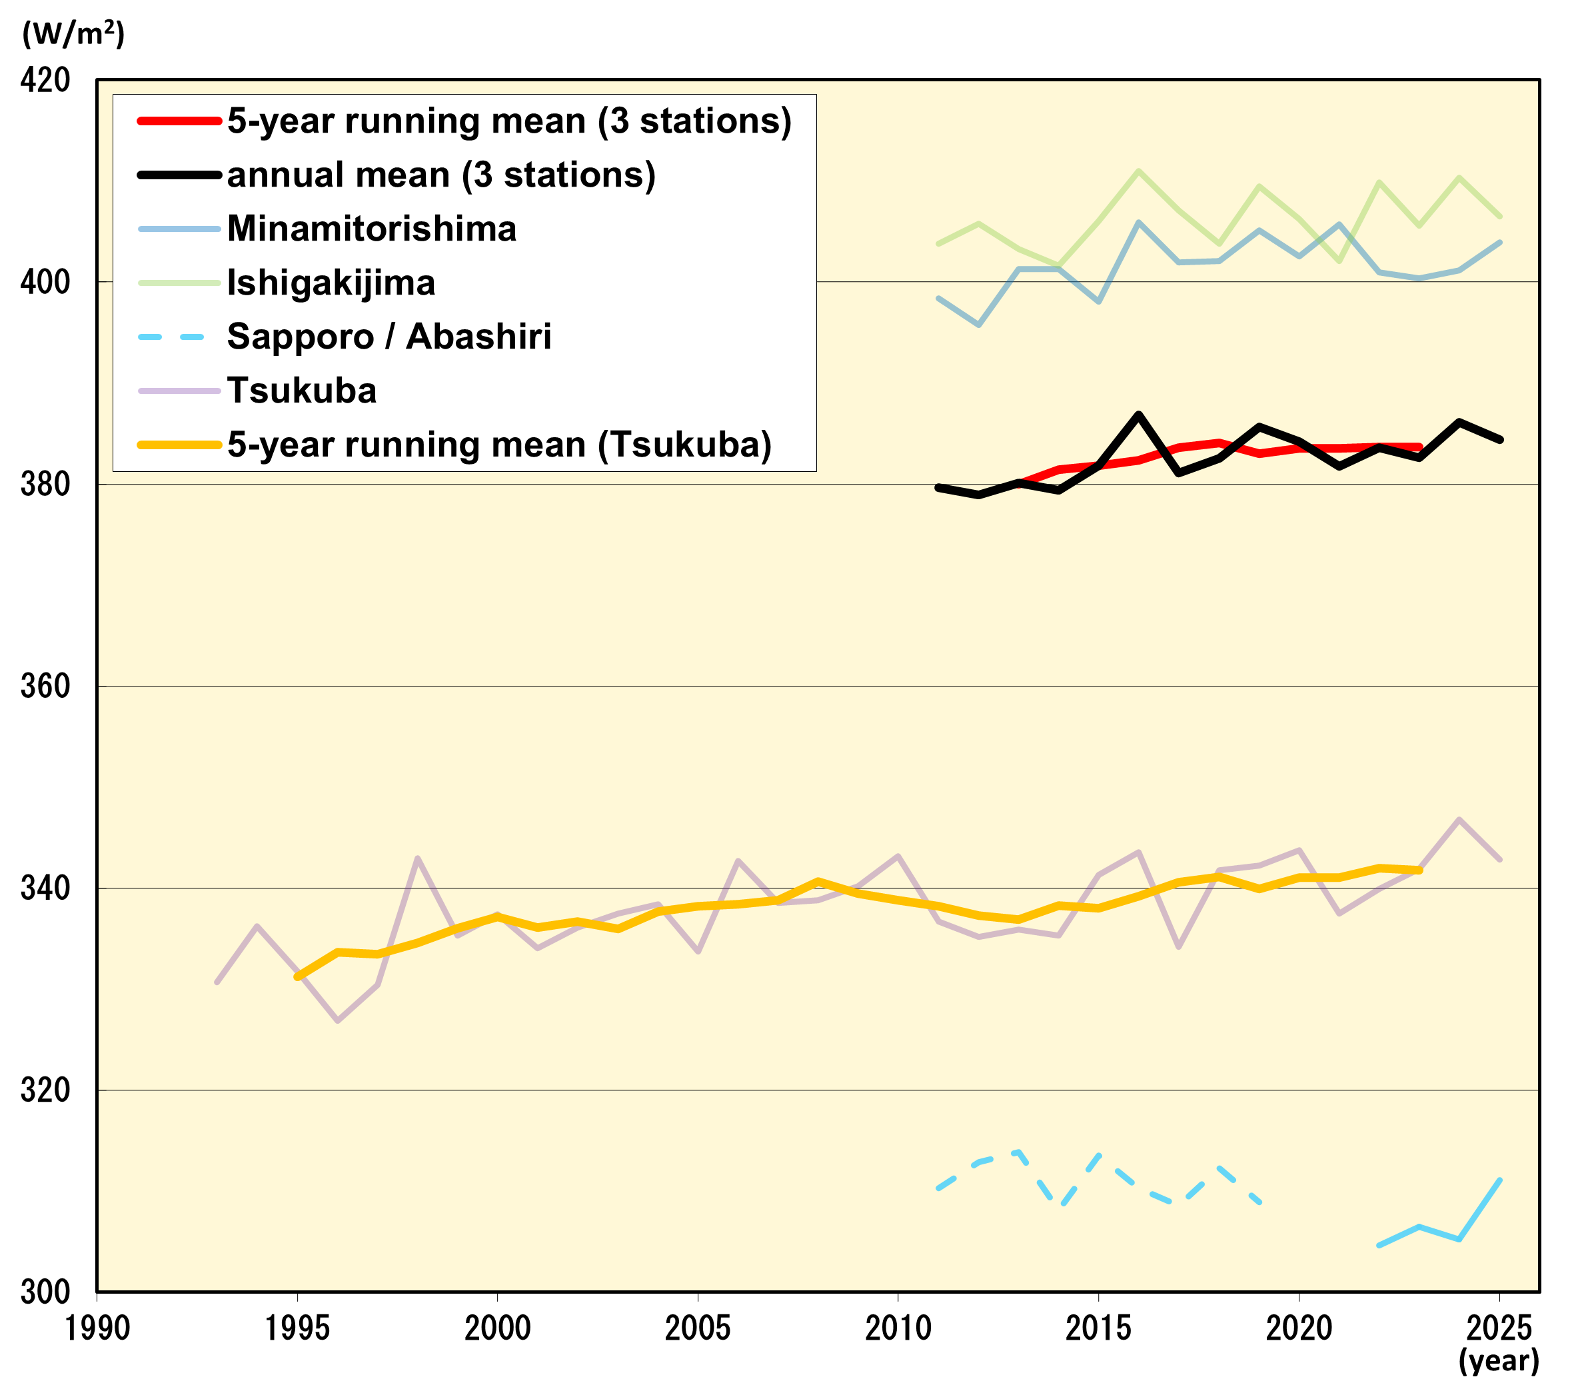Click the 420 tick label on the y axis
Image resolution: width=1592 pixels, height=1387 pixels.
45,80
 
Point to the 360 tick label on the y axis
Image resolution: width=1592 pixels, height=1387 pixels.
45,686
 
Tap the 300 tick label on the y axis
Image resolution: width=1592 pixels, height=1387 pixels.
45,1292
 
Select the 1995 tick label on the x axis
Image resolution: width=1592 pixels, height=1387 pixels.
297,1328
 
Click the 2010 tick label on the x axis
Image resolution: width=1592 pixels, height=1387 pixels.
898,1328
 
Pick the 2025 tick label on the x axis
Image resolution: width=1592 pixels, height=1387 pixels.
1499,1328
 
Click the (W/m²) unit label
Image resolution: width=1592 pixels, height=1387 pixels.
73,33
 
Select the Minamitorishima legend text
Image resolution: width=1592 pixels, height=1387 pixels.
371,229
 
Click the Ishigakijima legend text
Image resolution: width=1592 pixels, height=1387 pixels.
331,283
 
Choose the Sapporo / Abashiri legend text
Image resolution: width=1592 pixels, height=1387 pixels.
389,337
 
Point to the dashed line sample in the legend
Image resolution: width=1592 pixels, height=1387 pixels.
172,337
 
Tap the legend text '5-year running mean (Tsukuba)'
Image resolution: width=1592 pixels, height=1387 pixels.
499,445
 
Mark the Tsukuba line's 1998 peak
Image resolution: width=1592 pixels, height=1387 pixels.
418,858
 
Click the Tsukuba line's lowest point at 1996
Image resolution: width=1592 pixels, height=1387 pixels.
337,1021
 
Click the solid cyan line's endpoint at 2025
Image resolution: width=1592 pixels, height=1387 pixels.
1500,1180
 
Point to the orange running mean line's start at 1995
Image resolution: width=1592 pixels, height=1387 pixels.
297,978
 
